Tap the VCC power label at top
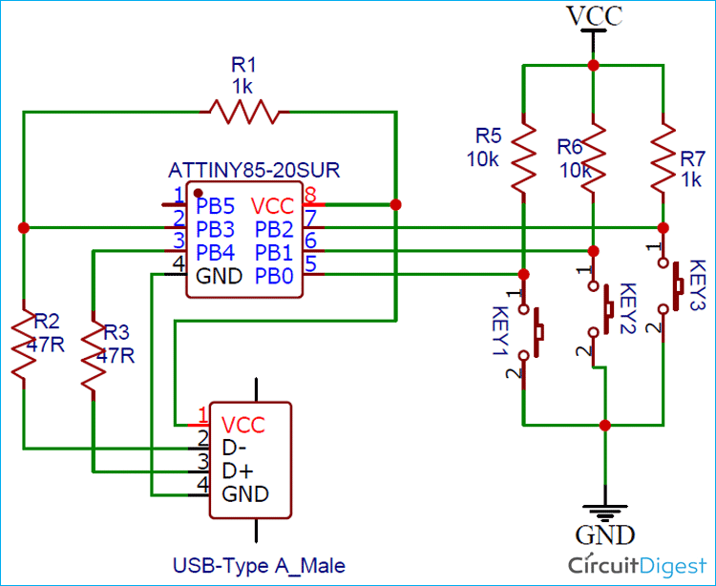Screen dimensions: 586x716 tap(594, 16)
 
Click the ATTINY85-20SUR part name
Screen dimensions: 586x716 tap(254, 171)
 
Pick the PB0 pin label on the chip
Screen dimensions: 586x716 tap(275, 275)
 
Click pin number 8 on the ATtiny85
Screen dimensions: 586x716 tap(309, 196)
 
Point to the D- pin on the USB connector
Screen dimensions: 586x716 tap(235, 447)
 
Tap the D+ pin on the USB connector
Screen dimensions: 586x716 tap(237, 471)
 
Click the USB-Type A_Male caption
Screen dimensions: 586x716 tap(259, 565)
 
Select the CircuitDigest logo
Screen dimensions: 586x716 tap(635, 564)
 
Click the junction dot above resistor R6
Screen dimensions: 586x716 tap(593, 66)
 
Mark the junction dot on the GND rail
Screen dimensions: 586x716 tap(604, 424)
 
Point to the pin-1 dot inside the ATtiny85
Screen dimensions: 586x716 tap(199, 193)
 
